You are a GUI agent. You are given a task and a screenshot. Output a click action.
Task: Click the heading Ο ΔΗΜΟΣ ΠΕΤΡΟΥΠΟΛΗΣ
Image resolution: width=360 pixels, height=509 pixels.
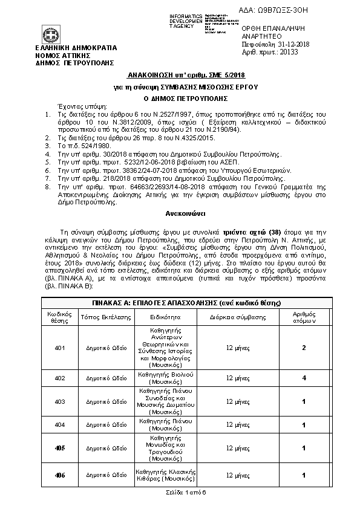pos(180,97)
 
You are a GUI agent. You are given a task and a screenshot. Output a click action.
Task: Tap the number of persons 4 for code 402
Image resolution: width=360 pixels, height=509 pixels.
pos(304,378)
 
